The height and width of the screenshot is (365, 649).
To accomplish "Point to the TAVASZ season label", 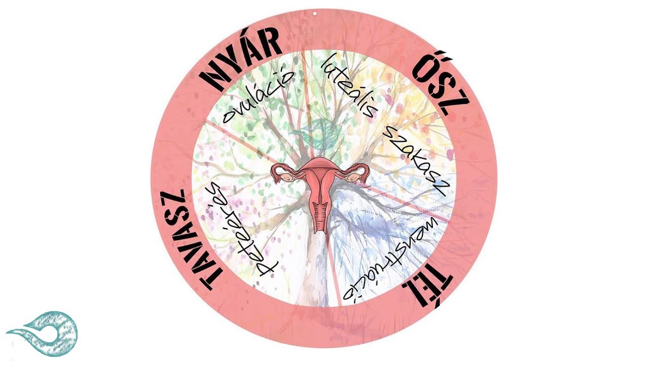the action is coord(191,240).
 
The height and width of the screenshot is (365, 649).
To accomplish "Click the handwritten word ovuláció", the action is coord(258,96).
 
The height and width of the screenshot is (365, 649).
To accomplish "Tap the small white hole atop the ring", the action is coord(315,13).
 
